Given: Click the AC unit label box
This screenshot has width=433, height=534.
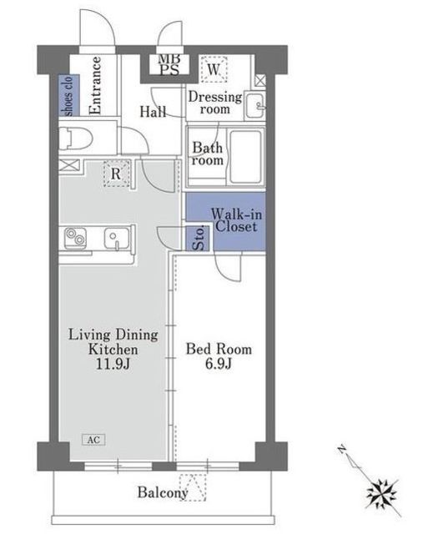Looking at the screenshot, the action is coord(93,440).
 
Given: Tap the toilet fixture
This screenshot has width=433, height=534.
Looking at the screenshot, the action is coord(76,139).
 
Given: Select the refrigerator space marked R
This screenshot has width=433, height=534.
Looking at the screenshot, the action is coord(117,174).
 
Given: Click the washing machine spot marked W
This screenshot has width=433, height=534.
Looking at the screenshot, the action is coord(214,69).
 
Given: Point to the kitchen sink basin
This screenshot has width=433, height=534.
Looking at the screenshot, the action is coord(117,237).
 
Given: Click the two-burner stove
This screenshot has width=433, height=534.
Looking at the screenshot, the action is coord(76,237).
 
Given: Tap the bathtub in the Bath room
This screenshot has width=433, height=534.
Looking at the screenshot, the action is coord(245,157).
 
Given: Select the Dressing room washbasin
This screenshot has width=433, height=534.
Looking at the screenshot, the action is coord(254,105).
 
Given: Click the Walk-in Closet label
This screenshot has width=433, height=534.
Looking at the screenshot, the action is coord(236,220).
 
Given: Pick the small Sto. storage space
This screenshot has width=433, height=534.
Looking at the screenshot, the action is coord(199,238).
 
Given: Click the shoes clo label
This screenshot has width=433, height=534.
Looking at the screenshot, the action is coord(69,96).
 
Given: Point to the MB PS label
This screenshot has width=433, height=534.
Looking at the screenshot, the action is coord(169,64).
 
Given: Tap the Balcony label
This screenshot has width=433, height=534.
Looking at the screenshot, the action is coord(163,492).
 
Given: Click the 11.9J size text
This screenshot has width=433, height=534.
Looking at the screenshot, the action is coord(113,364).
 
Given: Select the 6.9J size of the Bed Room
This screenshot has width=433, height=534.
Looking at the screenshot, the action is coord(219,364).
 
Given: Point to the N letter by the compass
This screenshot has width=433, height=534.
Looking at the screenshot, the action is coord(342,450).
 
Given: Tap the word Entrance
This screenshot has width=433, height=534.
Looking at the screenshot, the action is coord(95,85).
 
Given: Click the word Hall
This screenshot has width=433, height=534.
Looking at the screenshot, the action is coord(154,112).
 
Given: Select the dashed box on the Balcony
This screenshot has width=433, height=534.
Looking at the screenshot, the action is coord(193,487).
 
